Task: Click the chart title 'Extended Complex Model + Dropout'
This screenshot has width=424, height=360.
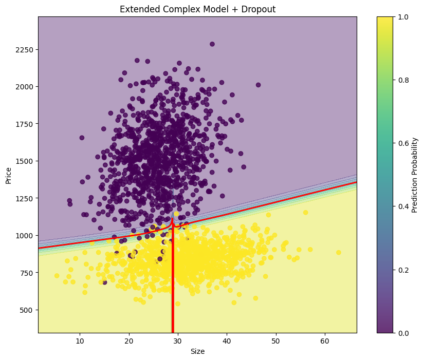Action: (x=197, y=9)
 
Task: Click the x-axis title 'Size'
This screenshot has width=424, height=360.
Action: (x=197, y=351)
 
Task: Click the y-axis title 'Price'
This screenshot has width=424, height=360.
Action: (x=8, y=175)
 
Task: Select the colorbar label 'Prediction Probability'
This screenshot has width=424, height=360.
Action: (x=415, y=175)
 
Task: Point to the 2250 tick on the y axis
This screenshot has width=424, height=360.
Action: (x=26, y=50)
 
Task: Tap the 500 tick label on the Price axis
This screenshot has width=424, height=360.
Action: (x=28, y=310)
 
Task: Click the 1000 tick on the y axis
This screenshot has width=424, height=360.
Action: (x=26, y=235)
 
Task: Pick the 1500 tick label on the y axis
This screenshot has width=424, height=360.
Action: (x=26, y=161)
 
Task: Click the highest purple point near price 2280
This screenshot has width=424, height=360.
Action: (x=212, y=44)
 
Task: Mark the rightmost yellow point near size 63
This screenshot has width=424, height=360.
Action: (x=339, y=252)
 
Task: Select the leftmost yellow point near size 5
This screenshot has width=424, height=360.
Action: (x=57, y=276)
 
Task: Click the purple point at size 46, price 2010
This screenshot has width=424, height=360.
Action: (x=258, y=85)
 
